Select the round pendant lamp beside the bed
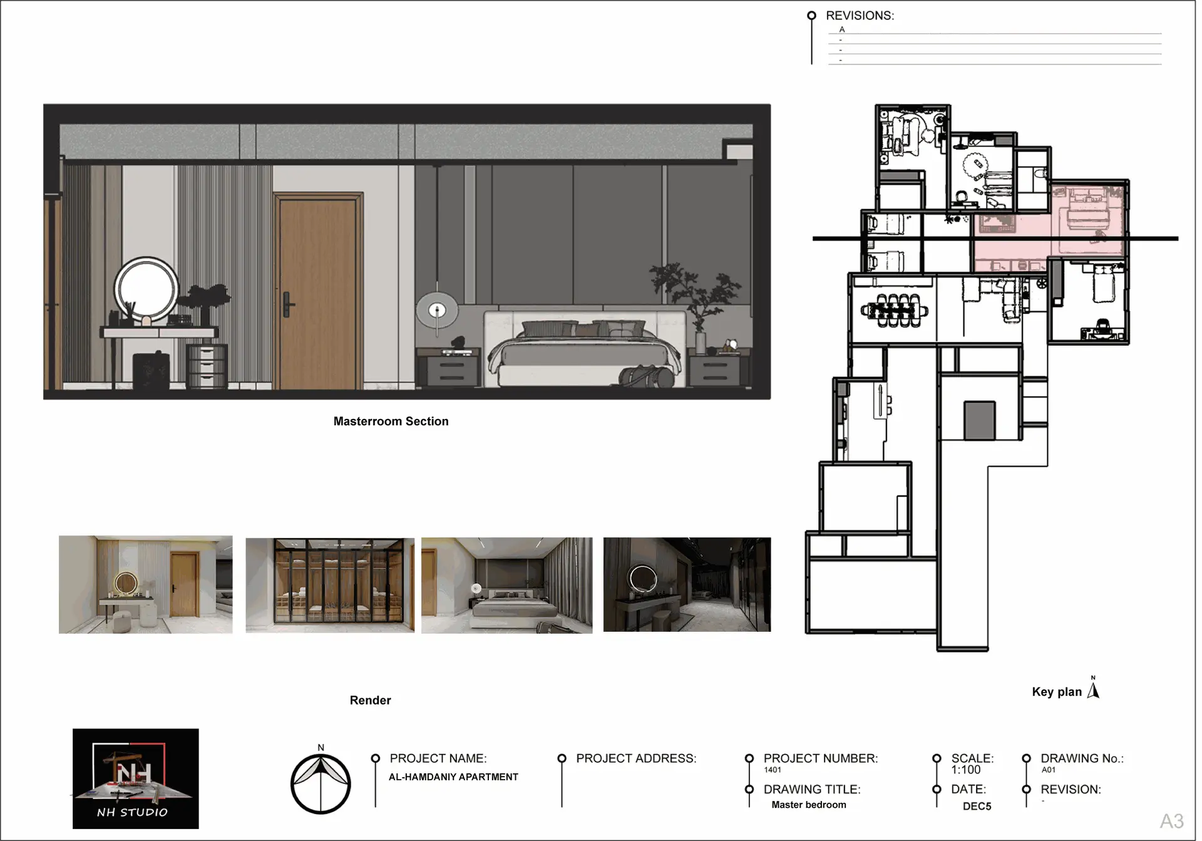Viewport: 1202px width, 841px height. [437, 310]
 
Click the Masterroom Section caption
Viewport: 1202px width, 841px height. [391, 421]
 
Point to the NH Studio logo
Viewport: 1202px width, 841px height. [135, 778]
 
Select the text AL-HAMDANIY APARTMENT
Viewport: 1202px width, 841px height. [453, 777]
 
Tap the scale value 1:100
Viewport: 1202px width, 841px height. [966, 770]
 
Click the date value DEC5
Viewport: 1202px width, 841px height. [977, 807]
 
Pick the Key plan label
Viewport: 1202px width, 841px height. [1057, 692]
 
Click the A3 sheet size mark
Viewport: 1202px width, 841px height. [1171, 821]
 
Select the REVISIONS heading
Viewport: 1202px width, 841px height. [860, 16]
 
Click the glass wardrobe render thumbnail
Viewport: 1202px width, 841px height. [330, 585]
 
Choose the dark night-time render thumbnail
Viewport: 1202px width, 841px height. [687, 584]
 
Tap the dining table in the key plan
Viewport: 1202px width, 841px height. [894, 311]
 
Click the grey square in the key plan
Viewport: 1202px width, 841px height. [979, 420]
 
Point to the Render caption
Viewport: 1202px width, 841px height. [370, 700]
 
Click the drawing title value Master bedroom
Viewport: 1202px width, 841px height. [808, 805]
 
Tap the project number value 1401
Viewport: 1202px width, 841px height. [773, 770]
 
